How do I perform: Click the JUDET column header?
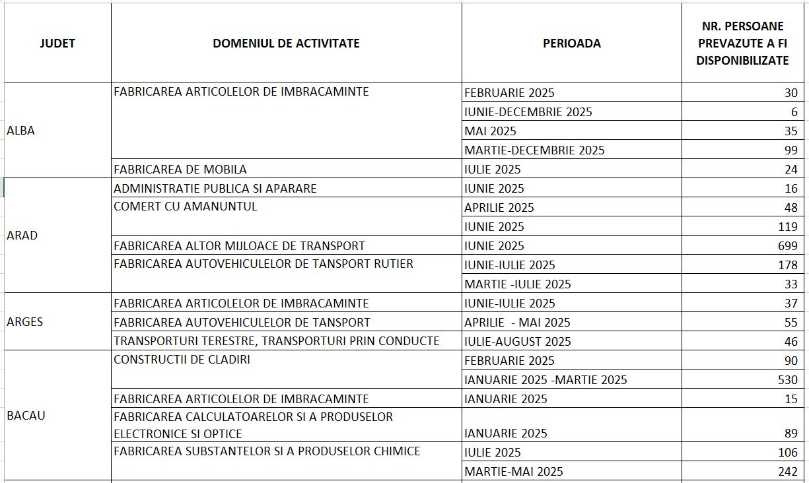[57, 44]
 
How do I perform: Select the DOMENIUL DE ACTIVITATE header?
[286, 44]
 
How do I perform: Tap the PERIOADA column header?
[571, 44]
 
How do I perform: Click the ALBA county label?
[20, 131]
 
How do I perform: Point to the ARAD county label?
[22, 236]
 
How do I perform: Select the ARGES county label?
[24, 322]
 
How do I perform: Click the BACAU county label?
[26, 416]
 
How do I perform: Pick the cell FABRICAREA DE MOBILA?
[180, 170]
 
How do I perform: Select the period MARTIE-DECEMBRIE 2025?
[534, 150]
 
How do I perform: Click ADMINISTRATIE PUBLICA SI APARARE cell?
[215, 189]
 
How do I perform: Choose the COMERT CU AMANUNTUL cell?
[186, 207]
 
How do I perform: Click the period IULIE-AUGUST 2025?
[517, 342]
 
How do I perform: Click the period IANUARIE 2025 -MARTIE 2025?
[545, 380]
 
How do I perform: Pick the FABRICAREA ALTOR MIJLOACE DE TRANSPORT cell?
[239, 246]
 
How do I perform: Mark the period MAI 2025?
[490, 131]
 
